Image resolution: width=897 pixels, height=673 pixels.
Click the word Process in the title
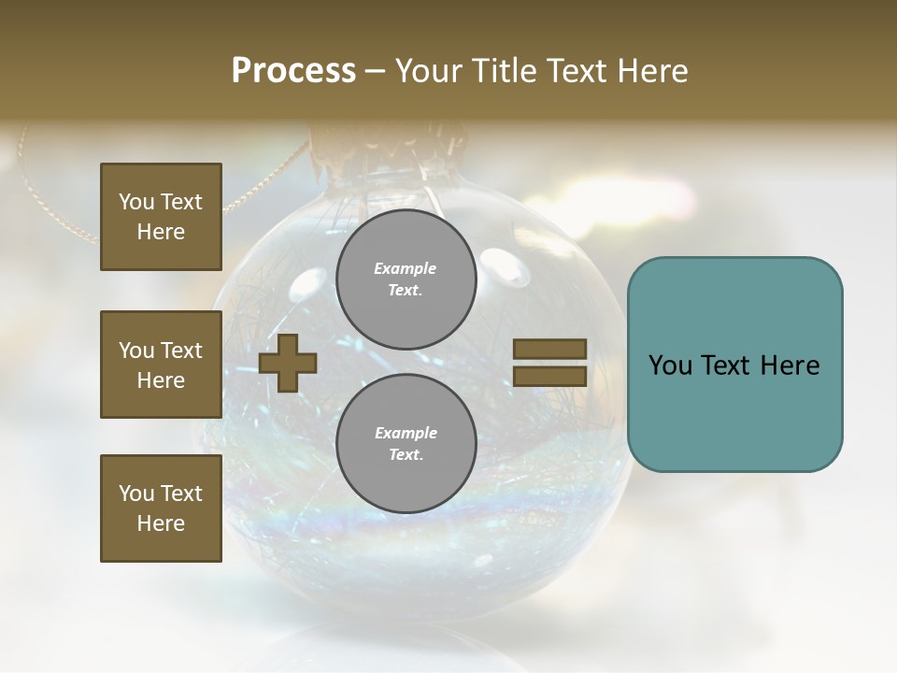[293, 70]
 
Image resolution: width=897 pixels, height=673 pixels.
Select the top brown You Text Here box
[161, 217]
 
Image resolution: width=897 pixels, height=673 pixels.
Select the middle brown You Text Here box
[161, 365]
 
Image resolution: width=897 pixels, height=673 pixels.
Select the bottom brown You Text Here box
[161, 508]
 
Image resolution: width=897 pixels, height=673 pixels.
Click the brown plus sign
[288, 363]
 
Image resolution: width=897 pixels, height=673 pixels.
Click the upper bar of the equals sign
[549, 349]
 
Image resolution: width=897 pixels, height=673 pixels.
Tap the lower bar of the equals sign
[549, 377]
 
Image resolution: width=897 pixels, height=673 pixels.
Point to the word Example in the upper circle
[406, 268]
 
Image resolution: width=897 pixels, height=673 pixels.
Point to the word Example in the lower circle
[406, 433]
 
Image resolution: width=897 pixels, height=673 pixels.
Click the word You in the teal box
[670, 365]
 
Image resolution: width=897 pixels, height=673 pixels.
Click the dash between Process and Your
[375, 72]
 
